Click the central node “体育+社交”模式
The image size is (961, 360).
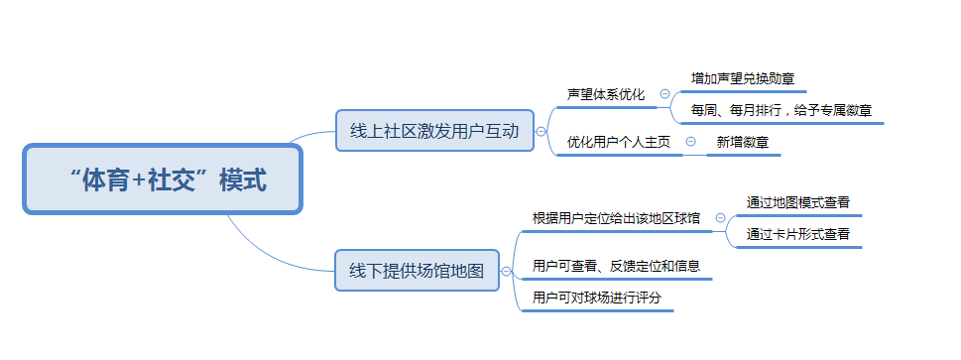tap(163, 180)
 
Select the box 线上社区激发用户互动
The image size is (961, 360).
tap(434, 130)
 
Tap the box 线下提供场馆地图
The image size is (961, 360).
tap(416, 270)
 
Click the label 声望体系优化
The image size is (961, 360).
tap(606, 95)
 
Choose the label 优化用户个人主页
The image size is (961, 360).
tap(618, 142)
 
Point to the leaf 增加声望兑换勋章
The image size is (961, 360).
tap(742, 77)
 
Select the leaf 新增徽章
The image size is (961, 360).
tap(742, 142)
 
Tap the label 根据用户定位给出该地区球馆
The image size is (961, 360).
tap(616, 218)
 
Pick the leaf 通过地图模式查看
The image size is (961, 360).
tap(797, 201)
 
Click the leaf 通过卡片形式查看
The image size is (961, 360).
tap(797, 235)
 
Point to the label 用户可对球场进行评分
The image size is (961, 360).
tap(596, 298)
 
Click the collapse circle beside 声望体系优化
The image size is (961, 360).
tap(664, 94)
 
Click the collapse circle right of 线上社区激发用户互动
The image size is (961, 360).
tap(541, 131)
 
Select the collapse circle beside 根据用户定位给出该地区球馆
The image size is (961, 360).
tap(720, 218)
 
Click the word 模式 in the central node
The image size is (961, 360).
tap(243, 180)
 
